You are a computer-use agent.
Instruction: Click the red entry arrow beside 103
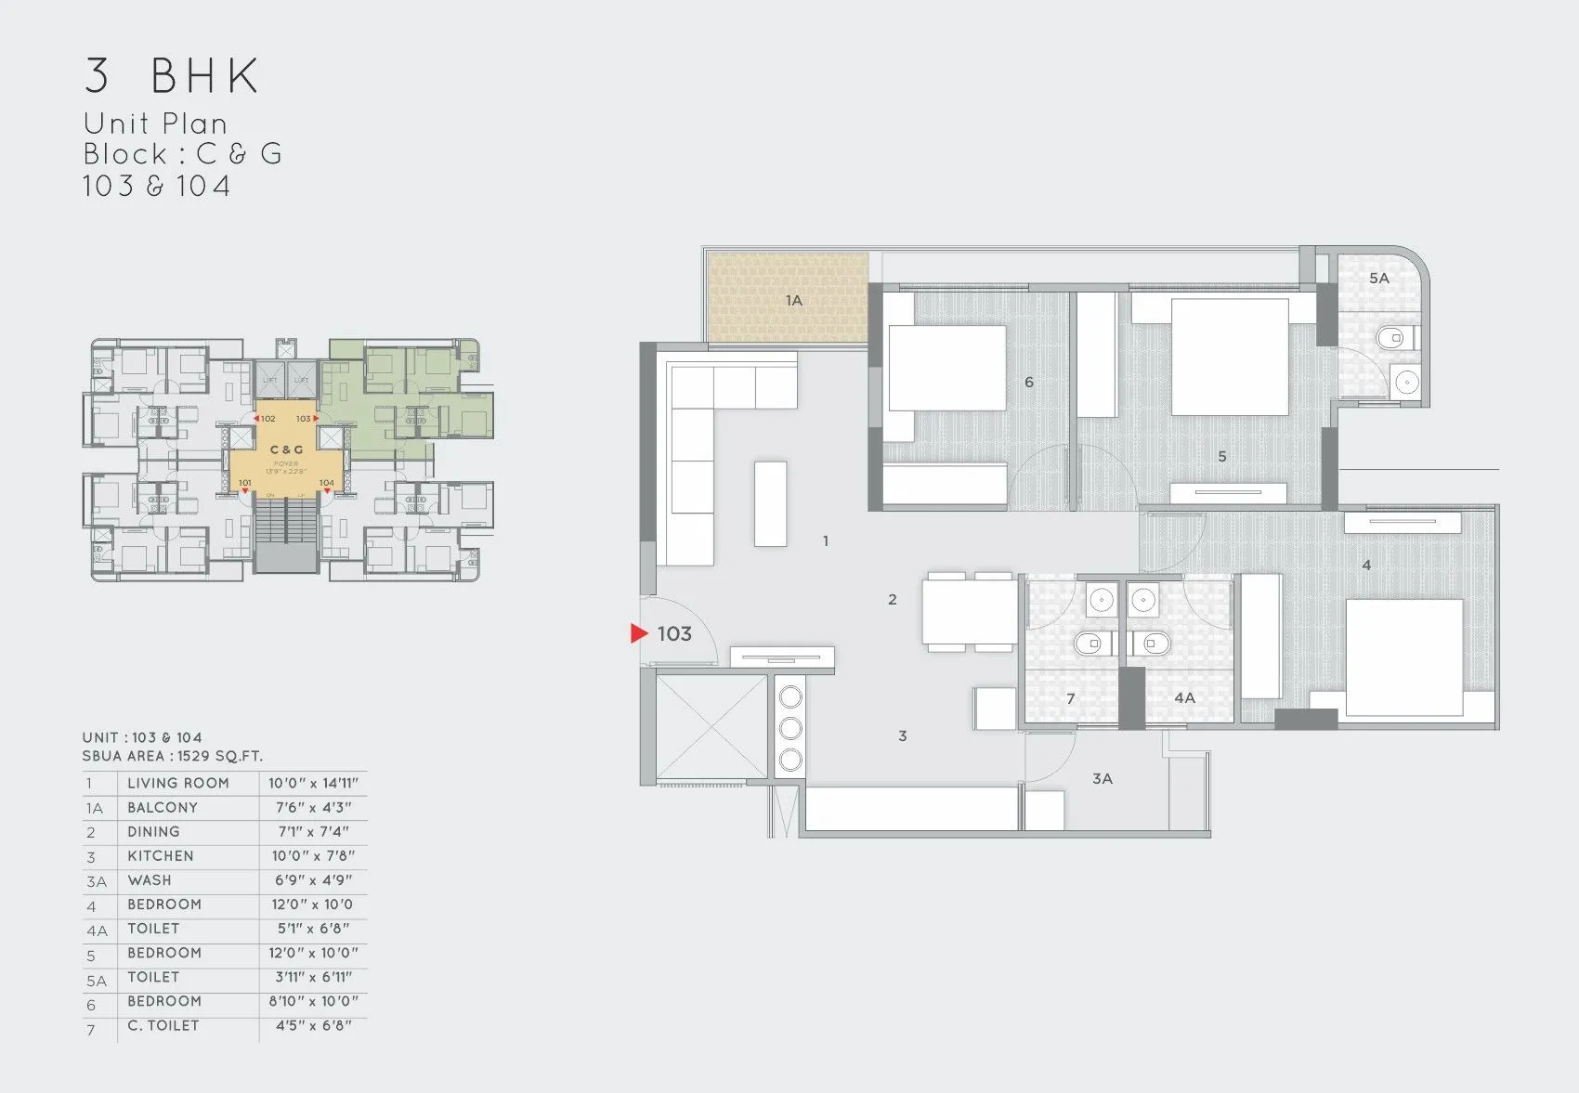click(x=638, y=633)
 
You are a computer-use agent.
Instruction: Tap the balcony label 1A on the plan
click(x=793, y=301)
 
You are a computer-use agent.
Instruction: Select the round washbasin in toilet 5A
click(x=1407, y=381)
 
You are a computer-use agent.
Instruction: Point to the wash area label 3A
click(x=1103, y=779)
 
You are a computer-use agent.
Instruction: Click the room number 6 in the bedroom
click(x=1029, y=383)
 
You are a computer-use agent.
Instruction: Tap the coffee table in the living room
click(x=770, y=502)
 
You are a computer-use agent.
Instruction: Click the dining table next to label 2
click(x=969, y=612)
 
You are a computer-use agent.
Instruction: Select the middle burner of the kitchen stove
click(x=790, y=727)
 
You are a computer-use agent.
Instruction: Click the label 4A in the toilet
click(x=1184, y=697)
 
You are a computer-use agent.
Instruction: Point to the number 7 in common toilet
click(x=1071, y=698)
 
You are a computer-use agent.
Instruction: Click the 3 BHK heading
click(x=172, y=76)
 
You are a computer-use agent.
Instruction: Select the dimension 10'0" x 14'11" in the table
click(x=313, y=784)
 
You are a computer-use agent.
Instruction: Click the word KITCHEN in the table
click(x=161, y=856)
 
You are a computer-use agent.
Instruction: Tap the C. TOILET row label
click(x=163, y=1026)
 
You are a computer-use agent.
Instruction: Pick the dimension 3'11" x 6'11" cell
click(x=313, y=977)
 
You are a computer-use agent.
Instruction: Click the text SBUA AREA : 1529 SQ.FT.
click(x=173, y=756)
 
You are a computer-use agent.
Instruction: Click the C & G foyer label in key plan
click(x=286, y=449)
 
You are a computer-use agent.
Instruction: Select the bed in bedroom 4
click(x=1404, y=657)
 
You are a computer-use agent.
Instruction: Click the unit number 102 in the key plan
click(x=268, y=419)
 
